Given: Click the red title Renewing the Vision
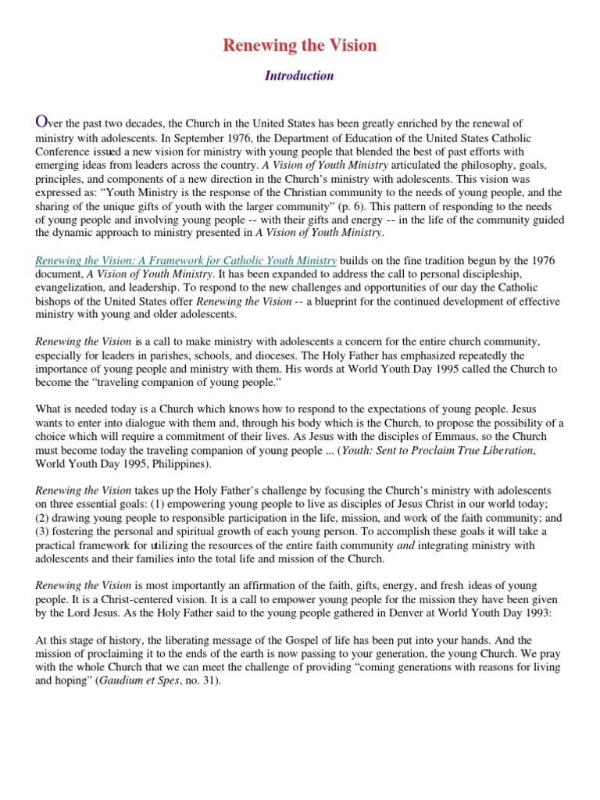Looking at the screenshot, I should [300, 45].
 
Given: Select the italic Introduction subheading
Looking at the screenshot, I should [299, 76].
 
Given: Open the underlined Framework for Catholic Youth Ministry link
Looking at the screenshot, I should [187, 259].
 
